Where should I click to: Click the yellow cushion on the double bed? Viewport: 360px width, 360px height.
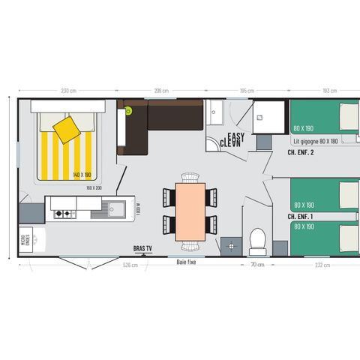click(x=67, y=129)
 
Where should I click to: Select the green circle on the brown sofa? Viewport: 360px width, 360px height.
click(x=128, y=111)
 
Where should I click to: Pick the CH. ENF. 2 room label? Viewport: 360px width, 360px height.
click(x=300, y=152)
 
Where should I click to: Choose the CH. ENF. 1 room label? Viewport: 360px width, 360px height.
click(x=299, y=216)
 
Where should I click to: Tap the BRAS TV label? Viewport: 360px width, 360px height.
click(x=142, y=248)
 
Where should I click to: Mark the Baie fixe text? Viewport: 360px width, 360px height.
click(x=187, y=262)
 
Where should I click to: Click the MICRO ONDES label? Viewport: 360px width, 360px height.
click(x=25, y=240)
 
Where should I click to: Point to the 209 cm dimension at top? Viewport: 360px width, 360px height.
click(x=160, y=91)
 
